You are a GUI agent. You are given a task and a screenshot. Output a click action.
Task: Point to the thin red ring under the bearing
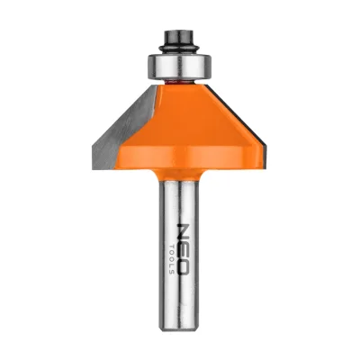(x=178, y=81)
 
